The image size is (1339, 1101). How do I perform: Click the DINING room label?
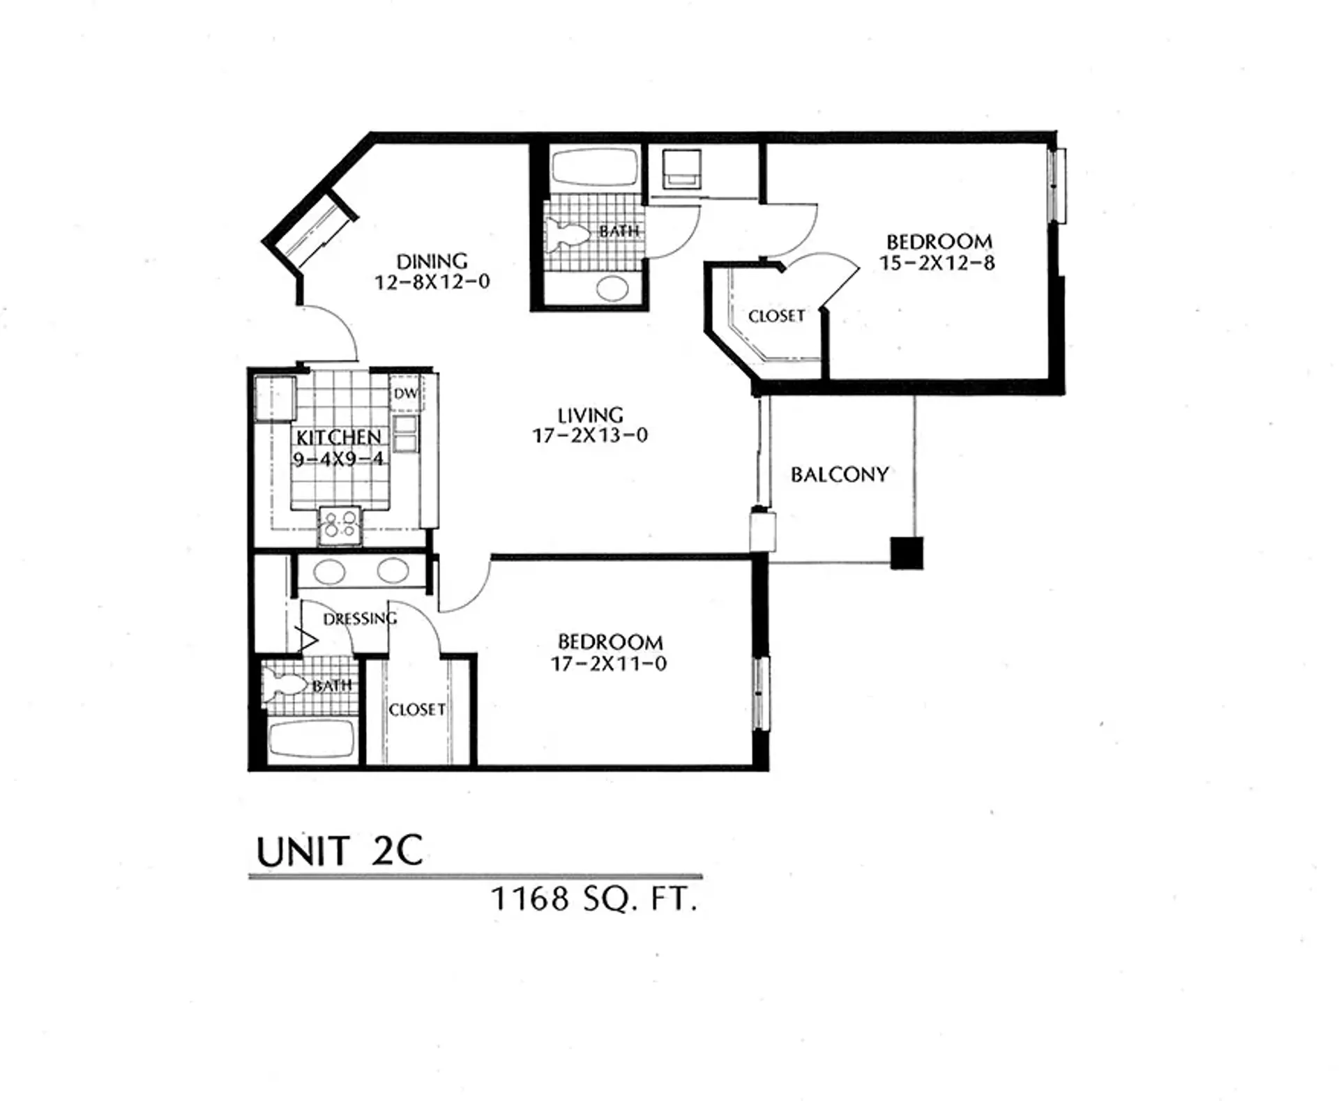pyautogui.click(x=432, y=261)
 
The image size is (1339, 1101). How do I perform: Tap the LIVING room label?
pyautogui.click(x=590, y=416)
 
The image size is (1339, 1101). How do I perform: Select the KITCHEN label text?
pyautogui.click(x=338, y=437)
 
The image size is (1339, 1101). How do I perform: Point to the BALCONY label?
pyautogui.click(x=840, y=475)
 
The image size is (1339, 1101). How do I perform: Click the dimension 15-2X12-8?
pyautogui.click(x=937, y=264)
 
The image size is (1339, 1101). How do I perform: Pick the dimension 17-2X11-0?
pyautogui.click(x=609, y=664)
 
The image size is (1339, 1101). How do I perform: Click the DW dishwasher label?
pyautogui.click(x=405, y=393)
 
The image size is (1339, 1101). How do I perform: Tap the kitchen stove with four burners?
pyautogui.click(x=340, y=525)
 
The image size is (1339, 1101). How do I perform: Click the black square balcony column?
pyautogui.click(x=907, y=553)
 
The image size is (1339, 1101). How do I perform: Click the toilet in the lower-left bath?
pyautogui.click(x=284, y=684)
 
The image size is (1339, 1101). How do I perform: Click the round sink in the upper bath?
pyautogui.click(x=612, y=288)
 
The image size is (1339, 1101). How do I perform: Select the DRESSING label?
pyautogui.click(x=360, y=618)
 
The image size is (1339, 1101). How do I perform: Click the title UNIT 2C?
pyautogui.click(x=340, y=851)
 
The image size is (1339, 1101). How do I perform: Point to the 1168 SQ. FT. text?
pyautogui.click(x=594, y=899)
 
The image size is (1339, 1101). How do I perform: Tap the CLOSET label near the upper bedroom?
pyautogui.click(x=776, y=317)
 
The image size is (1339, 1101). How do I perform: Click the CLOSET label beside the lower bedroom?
pyautogui.click(x=417, y=710)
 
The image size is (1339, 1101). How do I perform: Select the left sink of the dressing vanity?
pyautogui.click(x=329, y=572)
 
